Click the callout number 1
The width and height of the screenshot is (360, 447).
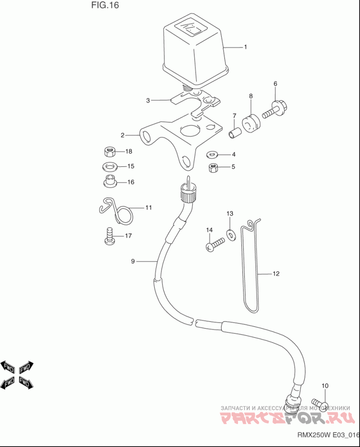pos(246,47)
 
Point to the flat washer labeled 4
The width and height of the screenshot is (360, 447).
pos(212,155)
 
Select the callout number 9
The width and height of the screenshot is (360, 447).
pos(133,261)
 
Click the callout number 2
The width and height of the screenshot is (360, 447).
pos(122,134)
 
